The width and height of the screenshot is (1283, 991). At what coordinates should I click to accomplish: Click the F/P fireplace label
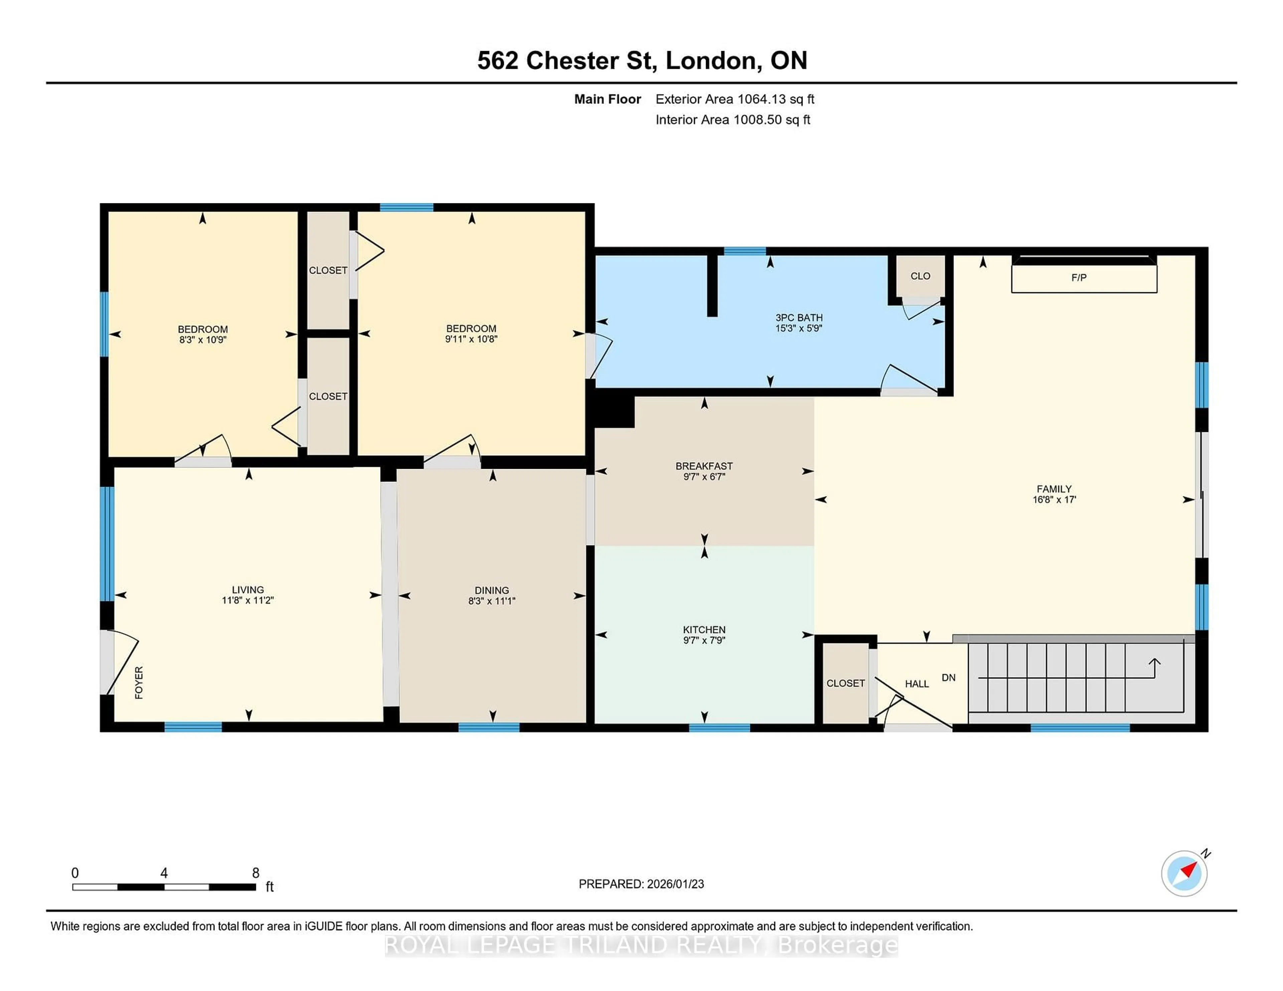pyautogui.click(x=1079, y=278)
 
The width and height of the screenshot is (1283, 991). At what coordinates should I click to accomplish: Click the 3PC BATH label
pyautogui.click(x=798, y=318)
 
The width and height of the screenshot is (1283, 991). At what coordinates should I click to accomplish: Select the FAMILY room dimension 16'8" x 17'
pyautogui.click(x=1054, y=500)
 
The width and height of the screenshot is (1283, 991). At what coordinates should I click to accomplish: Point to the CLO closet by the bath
pyautogui.click(x=920, y=276)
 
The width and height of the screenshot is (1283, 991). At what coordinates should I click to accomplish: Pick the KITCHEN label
pyautogui.click(x=704, y=629)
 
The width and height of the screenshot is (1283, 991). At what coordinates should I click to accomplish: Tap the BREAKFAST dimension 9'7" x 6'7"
pyautogui.click(x=704, y=477)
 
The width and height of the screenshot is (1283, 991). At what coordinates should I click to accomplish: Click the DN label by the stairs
pyautogui.click(x=948, y=677)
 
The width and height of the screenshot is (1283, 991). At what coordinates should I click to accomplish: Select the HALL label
pyautogui.click(x=916, y=684)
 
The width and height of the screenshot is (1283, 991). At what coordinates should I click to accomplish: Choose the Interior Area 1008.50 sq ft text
pyautogui.click(x=733, y=120)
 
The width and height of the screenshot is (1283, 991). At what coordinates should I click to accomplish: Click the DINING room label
pyautogui.click(x=492, y=590)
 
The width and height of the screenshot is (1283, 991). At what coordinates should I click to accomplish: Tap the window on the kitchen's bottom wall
pyautogui.click(x=719, y=728)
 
